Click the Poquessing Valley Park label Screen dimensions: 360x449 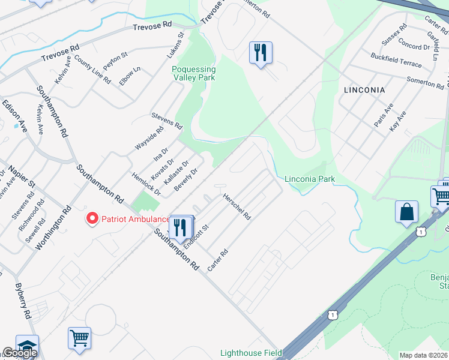point(194,73)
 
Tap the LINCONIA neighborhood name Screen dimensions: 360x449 point(364,89)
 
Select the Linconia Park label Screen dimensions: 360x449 point(309,179)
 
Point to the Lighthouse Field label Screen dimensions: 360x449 point(251,353)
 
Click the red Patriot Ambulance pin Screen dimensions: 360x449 point(92,219)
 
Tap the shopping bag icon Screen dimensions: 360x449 point(406,212)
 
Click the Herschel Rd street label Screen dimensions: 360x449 point(237,206)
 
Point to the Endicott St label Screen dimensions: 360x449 point(196,236)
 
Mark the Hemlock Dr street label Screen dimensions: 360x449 point(146,184)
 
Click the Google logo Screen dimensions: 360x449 point(19,353)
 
